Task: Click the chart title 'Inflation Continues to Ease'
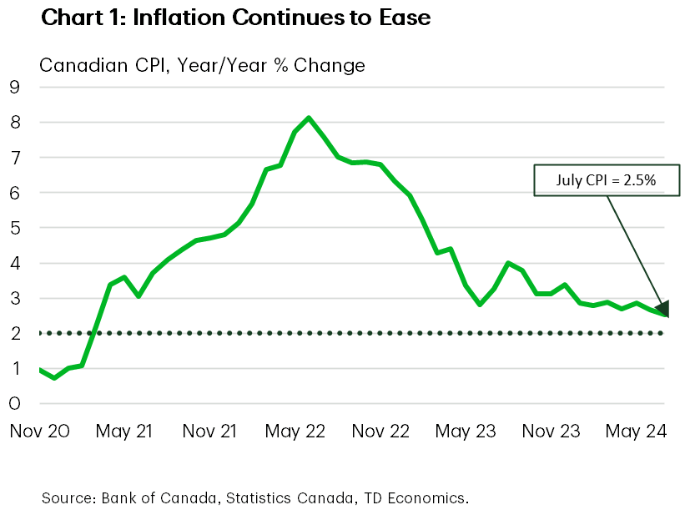click(x=236, y=17)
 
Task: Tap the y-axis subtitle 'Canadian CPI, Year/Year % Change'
click(x=203, y=64)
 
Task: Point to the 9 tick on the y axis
click(x=14, y=87)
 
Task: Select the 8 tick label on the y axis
click(x=14, y=122)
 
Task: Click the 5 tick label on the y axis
click(x=14, y=228)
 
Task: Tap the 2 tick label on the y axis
click(x=14, y=333)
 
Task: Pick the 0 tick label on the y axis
click(x=14, y=404)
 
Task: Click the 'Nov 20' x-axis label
click(x=38, y=432)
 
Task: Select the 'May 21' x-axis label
click(x=124, y=432)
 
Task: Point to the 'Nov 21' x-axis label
click(x=209, y=432)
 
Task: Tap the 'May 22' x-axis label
click(x=295, y=432)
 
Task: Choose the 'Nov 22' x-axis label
click(x=380, y=432)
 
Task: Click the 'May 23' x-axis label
click(x=465, y=432)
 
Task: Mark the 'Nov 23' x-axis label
click(x=550, y=432)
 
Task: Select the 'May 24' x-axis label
click(x=635, y=432)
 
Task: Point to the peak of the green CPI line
click(x=309, y=118)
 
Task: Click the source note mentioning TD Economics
click(x=254, y=498)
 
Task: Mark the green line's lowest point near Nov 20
click(x=54, y=378)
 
